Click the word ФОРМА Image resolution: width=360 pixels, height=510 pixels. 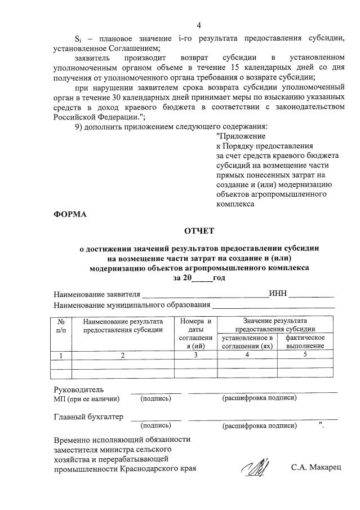coord(70,215)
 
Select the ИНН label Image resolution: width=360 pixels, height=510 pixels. coord(278,294)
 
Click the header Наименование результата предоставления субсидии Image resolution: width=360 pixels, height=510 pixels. coord(123,325)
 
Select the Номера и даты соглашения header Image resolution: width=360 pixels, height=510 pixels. coord(195,333)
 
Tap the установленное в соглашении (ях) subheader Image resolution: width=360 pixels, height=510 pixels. coord(247,342)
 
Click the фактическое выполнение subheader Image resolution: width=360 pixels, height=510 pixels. coord(305,342)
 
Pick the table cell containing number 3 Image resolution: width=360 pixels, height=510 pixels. coord(195,355)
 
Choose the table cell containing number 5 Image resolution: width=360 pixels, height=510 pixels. coord(305,355)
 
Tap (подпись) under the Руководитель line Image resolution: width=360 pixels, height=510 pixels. coord(155,398)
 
